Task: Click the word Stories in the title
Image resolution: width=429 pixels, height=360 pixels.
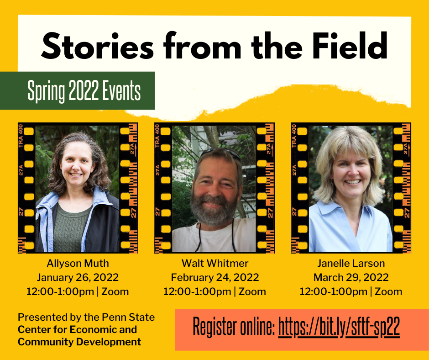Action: click(97, 46)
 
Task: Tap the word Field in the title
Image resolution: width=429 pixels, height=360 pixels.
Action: click(350, 46)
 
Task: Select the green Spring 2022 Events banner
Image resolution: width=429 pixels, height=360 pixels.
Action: click(77, 90)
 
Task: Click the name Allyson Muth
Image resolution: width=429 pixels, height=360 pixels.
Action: click(78, 263)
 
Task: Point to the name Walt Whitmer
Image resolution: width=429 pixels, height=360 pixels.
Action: click(215, 263)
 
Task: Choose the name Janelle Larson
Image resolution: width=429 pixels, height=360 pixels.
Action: click(351, 263)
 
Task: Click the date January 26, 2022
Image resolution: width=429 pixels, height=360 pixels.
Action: click(78, 277)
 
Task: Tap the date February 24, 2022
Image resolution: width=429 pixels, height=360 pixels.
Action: click(215, 277)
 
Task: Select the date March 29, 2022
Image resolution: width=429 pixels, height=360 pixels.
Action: click(351, 277)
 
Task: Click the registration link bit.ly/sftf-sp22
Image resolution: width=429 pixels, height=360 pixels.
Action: click(339, 327)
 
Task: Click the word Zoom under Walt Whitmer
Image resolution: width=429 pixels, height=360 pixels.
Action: click(252, 291)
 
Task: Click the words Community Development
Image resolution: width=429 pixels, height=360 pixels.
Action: click(79, 342)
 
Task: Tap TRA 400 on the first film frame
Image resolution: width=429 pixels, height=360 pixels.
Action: click(21, 136)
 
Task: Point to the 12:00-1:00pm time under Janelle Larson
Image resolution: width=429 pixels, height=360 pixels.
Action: click(334, 291)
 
